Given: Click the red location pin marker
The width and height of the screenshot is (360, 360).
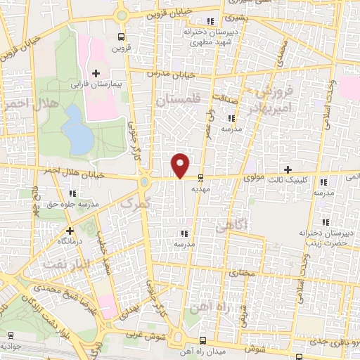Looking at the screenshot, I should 181,165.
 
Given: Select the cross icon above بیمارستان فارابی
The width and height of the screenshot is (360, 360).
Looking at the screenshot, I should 96,72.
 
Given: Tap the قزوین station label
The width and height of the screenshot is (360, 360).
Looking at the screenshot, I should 123,49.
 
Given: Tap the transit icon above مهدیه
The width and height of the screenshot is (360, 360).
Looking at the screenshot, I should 202,178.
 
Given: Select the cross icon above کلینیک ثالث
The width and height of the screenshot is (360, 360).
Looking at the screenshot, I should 288,169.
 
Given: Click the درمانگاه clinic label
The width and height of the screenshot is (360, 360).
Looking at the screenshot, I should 70,240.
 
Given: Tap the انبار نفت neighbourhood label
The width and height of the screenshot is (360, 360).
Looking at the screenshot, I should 67,264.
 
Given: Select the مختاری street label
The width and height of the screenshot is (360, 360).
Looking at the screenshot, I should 243,271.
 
